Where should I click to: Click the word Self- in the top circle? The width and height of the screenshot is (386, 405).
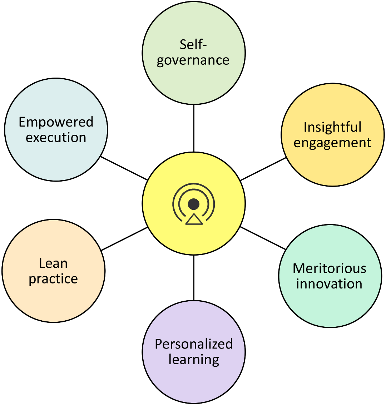tap(193, 44)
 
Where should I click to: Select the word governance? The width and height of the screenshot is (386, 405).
tap(193, 60)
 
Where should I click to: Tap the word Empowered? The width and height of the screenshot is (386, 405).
tap(56, 122)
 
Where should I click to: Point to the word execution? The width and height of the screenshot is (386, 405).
tap(56, 137)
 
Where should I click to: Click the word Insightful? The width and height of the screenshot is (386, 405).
tap(332, 127)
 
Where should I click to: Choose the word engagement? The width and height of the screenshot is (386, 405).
tap(332, 143)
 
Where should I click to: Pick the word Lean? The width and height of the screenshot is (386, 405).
tap(54, 263)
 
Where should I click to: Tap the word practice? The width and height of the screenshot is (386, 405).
tap(54, 279)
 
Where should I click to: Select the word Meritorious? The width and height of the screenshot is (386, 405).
tap(330, 268)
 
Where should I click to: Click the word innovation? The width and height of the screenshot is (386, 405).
tap(329, 284)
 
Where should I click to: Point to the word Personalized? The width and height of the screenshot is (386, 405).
tap(194, 344)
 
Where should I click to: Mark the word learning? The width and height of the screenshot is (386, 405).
tap(194, 360)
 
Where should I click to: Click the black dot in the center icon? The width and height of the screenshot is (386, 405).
tap(194, 204)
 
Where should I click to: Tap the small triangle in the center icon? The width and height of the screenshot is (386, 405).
tap(194, 219)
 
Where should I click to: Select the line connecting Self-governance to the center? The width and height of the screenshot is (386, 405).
tap(194, 128)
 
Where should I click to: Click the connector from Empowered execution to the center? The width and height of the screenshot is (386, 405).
tap(124, 168)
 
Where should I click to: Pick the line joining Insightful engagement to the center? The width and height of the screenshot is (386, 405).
tap(263, 169)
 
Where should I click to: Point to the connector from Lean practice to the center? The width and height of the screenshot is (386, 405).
tap(124, 239)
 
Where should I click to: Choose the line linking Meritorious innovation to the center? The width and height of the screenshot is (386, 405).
tap(263, 238)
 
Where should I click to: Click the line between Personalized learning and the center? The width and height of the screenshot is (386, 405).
tap(194, 278)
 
